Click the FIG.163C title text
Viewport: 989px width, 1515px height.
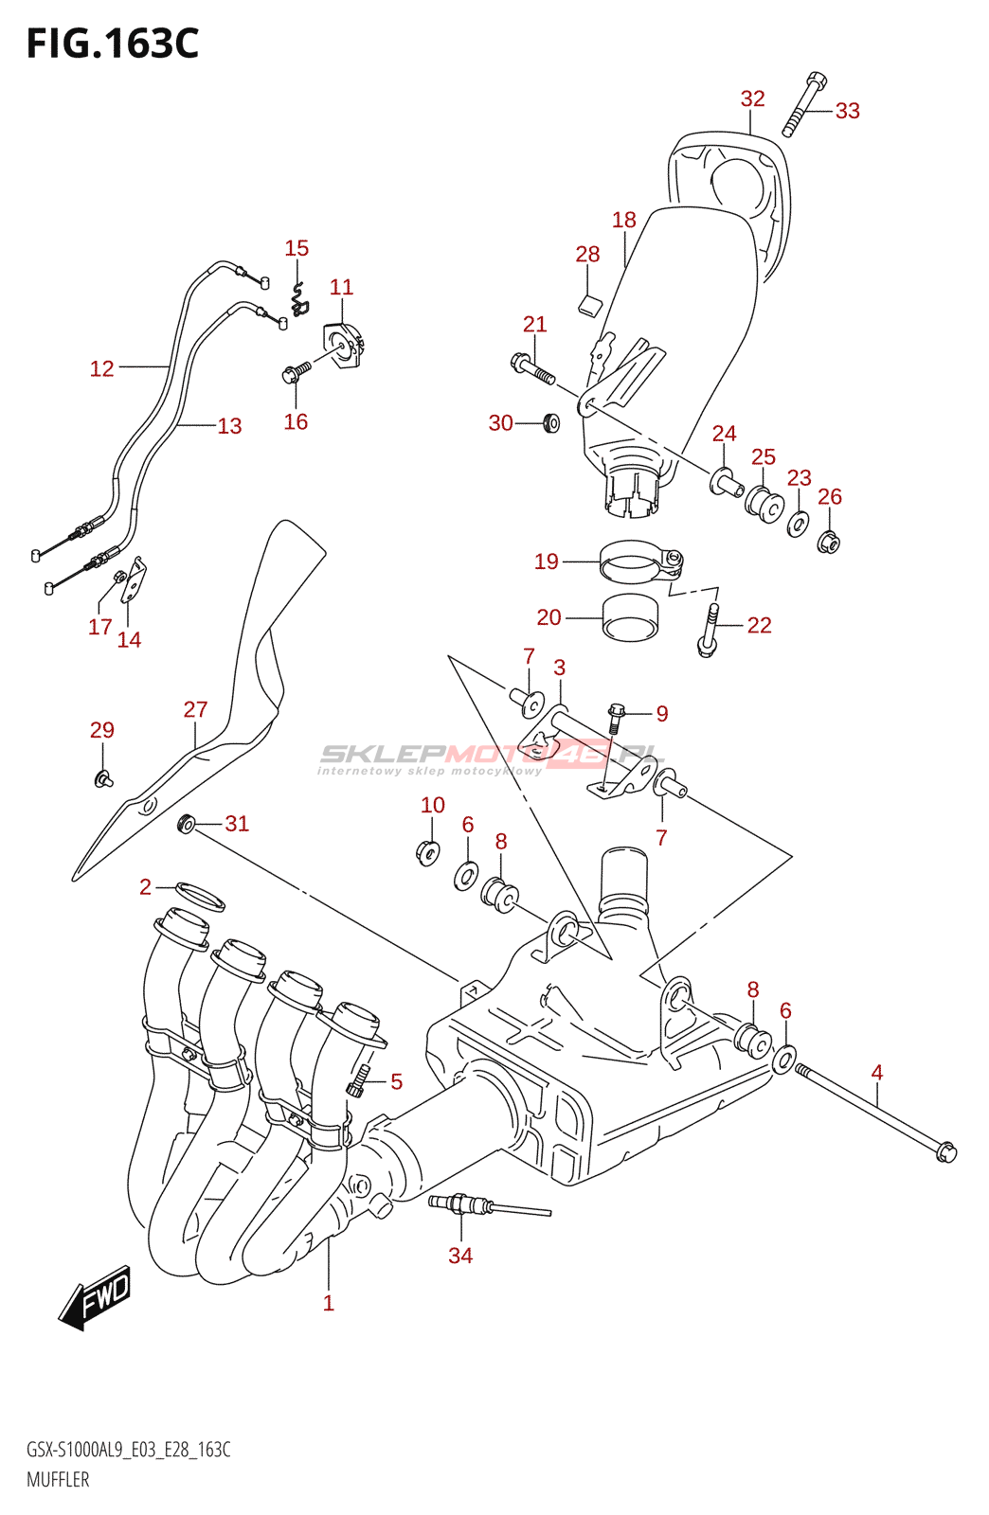pos(113,45)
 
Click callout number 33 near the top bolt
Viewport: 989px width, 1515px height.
pos(847,111)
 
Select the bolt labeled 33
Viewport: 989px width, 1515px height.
pos(804,103)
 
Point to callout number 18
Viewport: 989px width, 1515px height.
pos(623,220)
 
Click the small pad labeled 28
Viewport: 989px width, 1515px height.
pos(590,304)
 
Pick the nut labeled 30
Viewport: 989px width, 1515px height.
pos(549,422)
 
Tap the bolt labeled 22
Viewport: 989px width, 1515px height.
pos(710,630)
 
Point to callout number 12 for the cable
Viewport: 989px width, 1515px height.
pos(101,368)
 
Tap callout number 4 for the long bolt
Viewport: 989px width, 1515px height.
pos(876,1073)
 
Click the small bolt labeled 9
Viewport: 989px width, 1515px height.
pos(615,717)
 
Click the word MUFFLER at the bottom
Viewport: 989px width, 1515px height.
pos(58,1479)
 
